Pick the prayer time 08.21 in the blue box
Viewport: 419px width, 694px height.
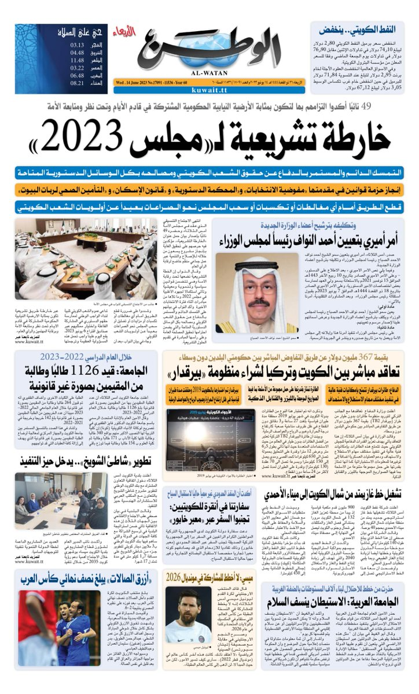pos(79,83)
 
